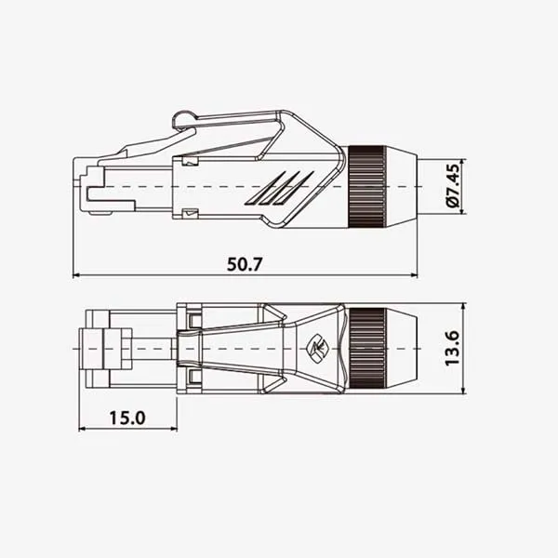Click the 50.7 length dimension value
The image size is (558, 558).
coord(246,263)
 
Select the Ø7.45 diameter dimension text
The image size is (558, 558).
coord(454,187)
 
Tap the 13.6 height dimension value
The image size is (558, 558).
coord(453,347)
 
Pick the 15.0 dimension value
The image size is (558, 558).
coord(126,417)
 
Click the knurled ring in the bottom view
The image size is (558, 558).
coord(367,348)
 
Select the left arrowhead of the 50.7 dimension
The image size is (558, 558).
coord(76,275)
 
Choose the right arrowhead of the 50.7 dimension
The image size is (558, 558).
coord(414,275)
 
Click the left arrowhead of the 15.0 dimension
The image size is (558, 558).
coord(83,429)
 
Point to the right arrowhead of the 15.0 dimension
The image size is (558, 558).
coord(173,429)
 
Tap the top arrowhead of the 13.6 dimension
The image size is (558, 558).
coord(463,307)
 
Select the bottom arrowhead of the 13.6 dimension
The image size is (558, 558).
coord(463,389)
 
